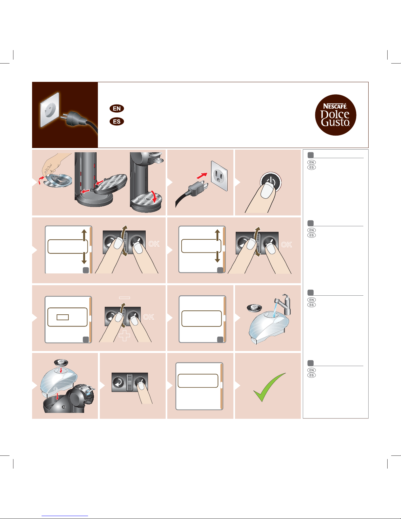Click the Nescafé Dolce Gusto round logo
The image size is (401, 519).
335,115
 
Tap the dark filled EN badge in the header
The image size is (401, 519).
117,108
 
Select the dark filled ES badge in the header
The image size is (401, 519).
117,121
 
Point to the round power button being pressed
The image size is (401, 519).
271,182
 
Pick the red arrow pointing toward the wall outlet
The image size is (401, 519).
202,176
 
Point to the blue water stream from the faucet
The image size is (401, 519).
275,310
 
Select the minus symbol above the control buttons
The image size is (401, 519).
125,298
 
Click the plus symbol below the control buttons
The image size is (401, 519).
124,335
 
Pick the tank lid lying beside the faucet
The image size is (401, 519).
254,307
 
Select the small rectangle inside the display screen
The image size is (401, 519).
63,317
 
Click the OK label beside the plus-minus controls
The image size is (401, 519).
149,317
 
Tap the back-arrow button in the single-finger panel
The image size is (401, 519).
118,382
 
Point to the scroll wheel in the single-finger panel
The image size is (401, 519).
129,382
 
